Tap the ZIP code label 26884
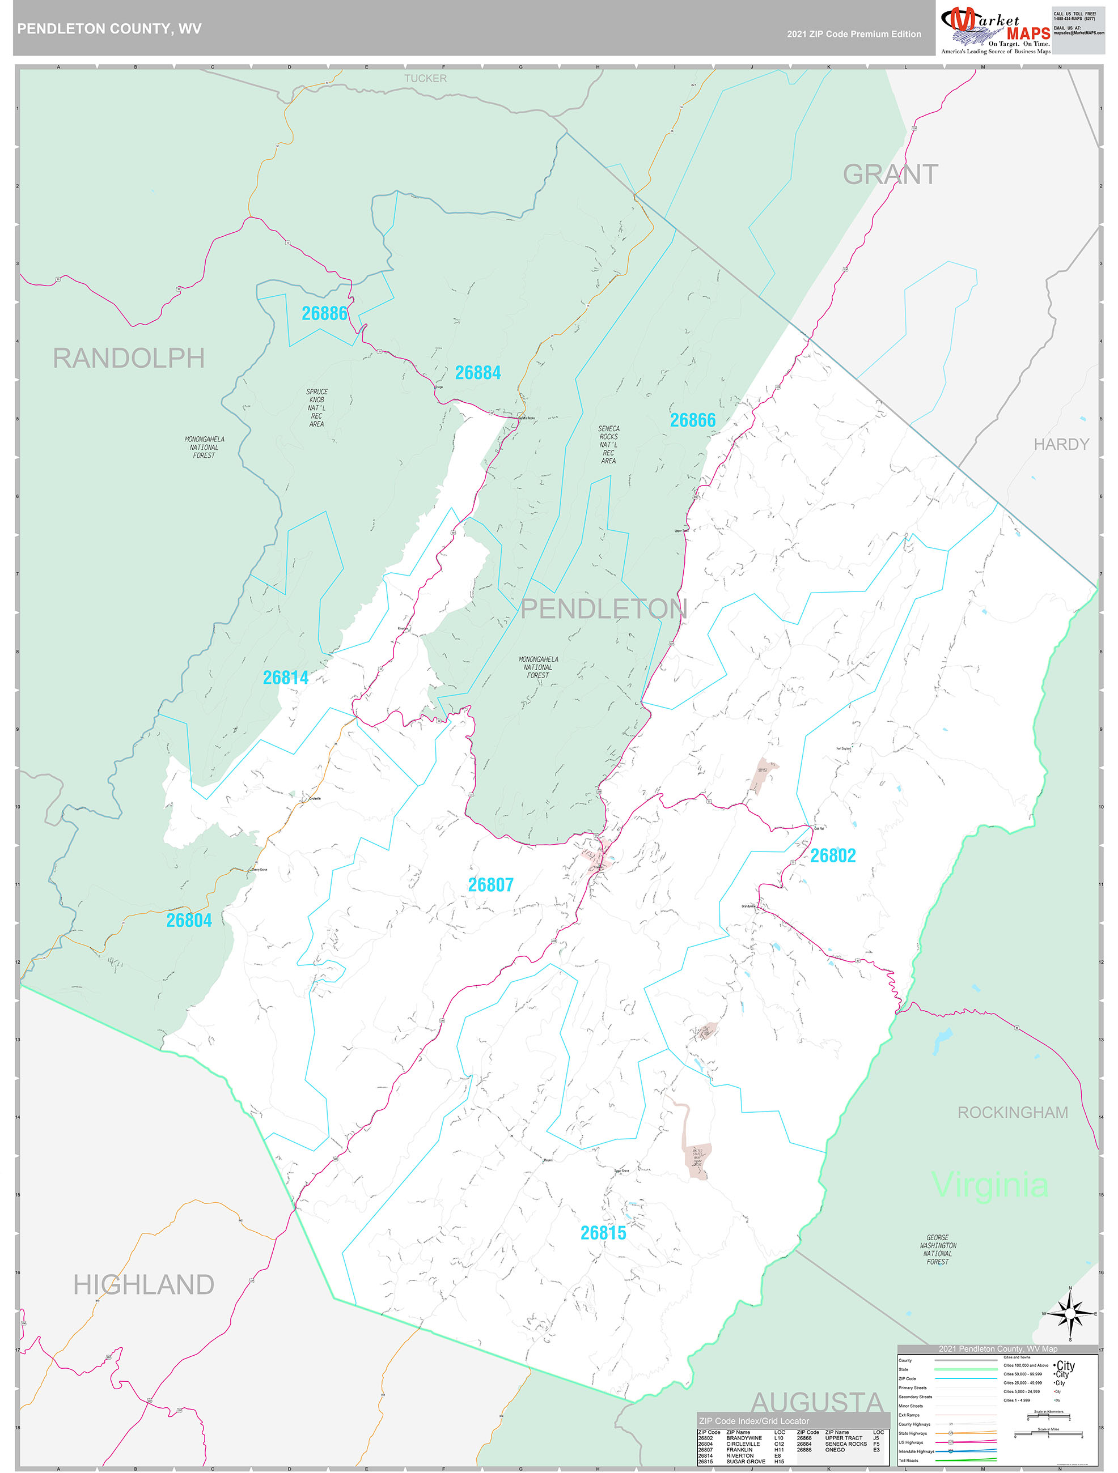(x=478, y=373)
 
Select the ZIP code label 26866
(x=692, y=420)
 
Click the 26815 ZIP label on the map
(x=603, y=1233)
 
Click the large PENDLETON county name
(x=603, y=608)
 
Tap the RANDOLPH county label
(x=129, y=358)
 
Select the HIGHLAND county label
(x=143, y=1284)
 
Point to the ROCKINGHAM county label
(x=1012, y=1113)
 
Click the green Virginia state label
(x=990, y=1185)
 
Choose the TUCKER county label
(x=425, y=79)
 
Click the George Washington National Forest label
(x=938, y=1249)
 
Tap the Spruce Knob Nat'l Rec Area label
(x=316, y=407)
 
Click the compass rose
(x=1070, y=1314)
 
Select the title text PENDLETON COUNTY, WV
(x=109, y=29)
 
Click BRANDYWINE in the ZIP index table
(x=744, y=1438)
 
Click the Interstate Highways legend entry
(x=917, y=1451)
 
